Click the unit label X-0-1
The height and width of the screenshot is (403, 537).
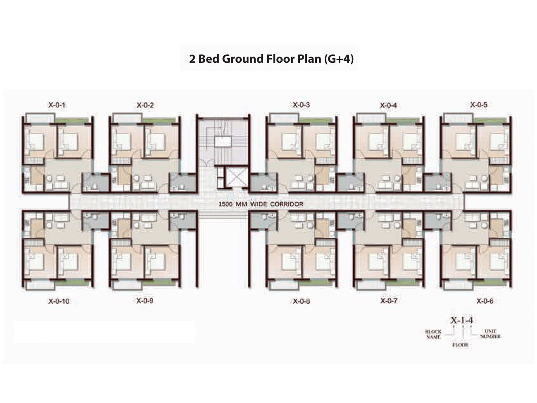click(x=57, y=105)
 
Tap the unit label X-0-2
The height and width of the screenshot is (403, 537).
click(x=145, y=105)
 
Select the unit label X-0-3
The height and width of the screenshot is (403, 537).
click(x=302, y=104)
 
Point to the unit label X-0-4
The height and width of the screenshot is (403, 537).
click(x=389, y=105)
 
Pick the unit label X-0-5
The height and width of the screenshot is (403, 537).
click(x=479, y=104)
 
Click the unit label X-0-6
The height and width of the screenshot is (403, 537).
click(x=485, y=301)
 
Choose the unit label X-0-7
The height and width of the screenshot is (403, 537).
click(x=389, y=301)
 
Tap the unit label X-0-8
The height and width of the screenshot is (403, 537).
click(x=302, y=301)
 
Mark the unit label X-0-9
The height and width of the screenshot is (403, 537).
click(x=145, y=301)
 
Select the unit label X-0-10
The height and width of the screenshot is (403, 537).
click(x=59, y=301)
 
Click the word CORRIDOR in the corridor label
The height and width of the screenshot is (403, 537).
click(x=287, y=204)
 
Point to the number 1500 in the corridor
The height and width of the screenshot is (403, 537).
click(x=226, y=204)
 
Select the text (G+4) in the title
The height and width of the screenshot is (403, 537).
click(x=339, y=59)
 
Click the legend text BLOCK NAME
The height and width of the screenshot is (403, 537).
click(x=433, y=334)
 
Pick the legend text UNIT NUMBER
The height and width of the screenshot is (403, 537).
click(x=490, y=334)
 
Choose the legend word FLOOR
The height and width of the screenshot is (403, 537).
click(x=461, y=345)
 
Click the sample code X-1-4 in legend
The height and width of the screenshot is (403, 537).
click(x=462, y=320)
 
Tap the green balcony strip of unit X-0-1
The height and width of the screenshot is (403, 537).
click(x=71, y=120)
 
